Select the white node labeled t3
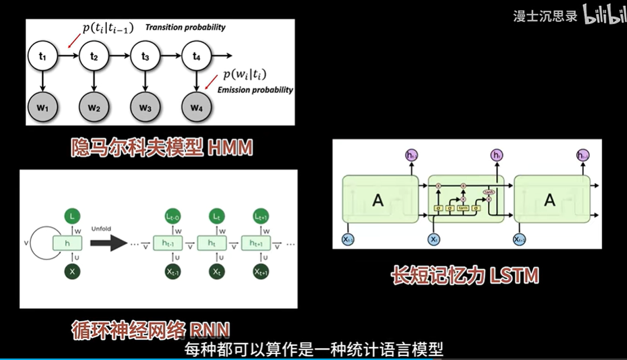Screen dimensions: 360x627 point(145,56)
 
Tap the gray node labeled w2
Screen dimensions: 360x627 point(94,106)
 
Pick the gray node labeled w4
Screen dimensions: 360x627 point(196,106)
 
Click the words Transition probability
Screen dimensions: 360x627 point(186,27)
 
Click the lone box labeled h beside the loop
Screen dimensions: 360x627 point(67,244)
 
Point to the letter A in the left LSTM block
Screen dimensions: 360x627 point(378,200)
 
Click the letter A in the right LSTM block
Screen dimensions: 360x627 point(550,200)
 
